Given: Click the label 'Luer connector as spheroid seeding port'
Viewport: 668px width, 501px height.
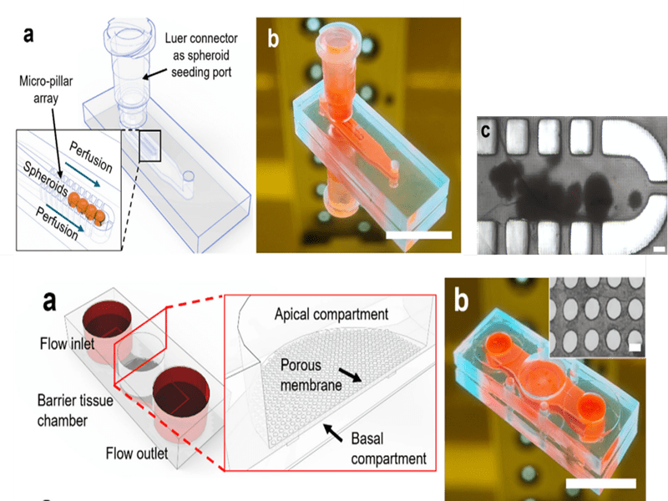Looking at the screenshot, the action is tap(201, 55).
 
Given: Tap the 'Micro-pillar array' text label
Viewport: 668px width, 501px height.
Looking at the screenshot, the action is tap(46, 89).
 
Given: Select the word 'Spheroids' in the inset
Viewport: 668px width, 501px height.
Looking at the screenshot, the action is tap(45, 179).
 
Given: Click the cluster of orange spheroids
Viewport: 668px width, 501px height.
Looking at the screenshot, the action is tap(88, 207).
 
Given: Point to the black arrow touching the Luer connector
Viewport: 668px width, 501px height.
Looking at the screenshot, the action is tap(154, 73).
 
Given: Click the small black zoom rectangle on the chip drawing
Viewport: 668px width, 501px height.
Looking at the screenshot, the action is tap(149, 145).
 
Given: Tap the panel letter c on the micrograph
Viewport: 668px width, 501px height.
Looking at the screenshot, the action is tap(485, 130).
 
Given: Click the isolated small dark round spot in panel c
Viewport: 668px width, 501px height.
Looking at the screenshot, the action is tap(635, 199).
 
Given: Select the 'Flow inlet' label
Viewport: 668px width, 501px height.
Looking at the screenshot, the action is tap(67, 343).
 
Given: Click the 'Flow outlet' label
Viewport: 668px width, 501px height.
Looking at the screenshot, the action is tap(137, 453).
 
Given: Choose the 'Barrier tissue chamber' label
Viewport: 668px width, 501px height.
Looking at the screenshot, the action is tap(75, 410).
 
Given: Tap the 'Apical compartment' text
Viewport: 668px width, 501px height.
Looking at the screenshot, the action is tap(331, 315).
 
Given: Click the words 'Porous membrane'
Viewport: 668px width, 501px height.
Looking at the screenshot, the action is tap(311, 375).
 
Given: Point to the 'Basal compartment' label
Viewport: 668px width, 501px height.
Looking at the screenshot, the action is tap(388, 448).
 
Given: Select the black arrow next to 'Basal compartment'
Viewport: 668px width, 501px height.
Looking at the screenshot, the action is tap(332, 433).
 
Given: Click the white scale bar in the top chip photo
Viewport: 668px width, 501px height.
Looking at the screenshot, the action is tap(419, 235).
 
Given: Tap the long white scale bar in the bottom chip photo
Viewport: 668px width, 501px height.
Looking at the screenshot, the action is tap(601, 483).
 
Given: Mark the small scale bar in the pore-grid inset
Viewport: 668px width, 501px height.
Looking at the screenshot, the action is tap(635, 347).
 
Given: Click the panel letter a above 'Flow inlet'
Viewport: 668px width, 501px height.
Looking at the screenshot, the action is tap(49, 301).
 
